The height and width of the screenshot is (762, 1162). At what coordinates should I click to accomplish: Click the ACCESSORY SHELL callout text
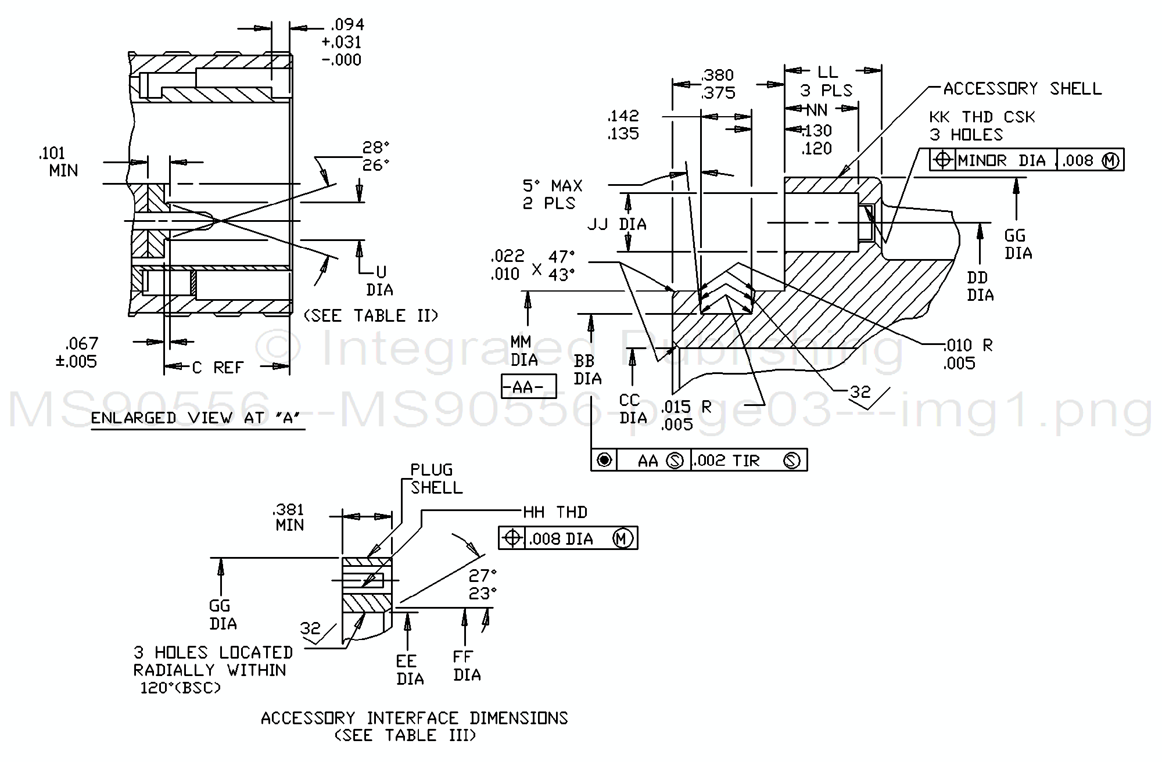tap(1022, 89)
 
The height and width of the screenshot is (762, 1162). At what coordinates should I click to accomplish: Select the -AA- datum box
tap(528, 387)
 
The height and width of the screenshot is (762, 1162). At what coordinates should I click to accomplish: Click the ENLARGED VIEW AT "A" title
tap(198, 419)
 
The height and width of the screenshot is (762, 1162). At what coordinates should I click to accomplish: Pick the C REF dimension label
tap(217, 367)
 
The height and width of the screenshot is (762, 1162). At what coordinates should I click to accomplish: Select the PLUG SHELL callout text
tap(436, 479)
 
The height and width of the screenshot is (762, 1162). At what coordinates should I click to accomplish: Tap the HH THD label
tap(555, 512)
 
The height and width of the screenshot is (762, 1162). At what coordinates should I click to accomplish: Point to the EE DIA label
tap(410, 670)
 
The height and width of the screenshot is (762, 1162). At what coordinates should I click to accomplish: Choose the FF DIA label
tap(467, 666)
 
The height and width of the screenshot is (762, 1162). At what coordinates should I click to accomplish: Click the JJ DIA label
tap(616, 224)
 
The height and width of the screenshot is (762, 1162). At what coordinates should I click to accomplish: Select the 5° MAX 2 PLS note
tap(553, 195)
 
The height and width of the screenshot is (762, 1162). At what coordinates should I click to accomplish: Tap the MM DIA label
tap(523, 351)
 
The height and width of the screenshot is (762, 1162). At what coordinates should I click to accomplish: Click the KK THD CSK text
tap(982, 117)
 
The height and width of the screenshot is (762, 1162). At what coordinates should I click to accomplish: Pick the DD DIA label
tap(980, 286)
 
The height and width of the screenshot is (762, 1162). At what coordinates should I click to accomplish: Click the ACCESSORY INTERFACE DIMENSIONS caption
tap(414, 718)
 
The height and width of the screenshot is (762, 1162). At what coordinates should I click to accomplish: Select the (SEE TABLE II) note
tap(371, 316)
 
